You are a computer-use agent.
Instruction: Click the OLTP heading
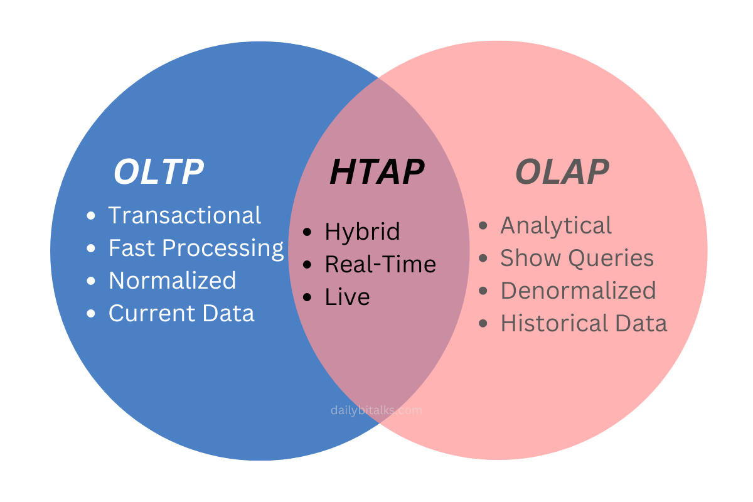[159, 172]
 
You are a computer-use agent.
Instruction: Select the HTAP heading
[377, 172]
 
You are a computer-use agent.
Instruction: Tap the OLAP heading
[562, 172]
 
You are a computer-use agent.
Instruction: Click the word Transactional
[184, 215]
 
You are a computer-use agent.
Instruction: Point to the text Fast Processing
[196, 248]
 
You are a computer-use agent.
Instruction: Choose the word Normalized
[173, 280]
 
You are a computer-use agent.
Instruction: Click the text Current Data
[181, 312]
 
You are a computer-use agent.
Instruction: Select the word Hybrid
[362, 232]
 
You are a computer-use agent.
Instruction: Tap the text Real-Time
[380, 264]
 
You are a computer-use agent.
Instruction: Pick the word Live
[347, 297]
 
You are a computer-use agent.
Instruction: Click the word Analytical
[556, 225]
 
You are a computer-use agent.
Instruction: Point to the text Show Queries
[577, 258]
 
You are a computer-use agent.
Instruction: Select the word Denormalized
[578, 291]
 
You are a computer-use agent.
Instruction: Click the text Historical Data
[584, 323]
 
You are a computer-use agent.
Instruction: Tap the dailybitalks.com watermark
[376, 410]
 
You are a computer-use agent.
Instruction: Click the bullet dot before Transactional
[92, 216]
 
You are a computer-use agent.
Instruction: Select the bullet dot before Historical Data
[483, 324]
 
